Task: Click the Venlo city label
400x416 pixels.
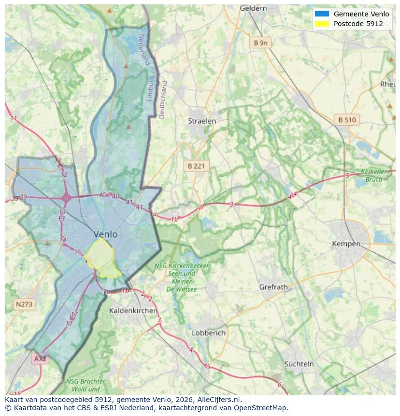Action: (105, 234)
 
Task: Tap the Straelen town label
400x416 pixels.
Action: (202, 121)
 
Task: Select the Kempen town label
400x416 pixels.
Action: (346, 244)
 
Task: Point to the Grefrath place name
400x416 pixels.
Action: (273, 287)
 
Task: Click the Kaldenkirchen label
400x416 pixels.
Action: (133, 310)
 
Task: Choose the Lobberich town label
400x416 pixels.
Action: (209, 333)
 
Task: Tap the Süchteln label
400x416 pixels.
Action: (299, 364)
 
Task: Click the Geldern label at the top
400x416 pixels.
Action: (253, 8)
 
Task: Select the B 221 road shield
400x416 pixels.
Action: (196, 166)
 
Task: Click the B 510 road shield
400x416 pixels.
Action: (347, 120)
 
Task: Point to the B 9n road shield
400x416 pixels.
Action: (260, 43)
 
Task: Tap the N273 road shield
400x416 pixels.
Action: (24, 304)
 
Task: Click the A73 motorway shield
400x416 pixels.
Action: (40, 359)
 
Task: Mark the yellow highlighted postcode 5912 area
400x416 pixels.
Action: (102, 258)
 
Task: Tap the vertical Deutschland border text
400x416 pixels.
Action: (163, 100)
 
